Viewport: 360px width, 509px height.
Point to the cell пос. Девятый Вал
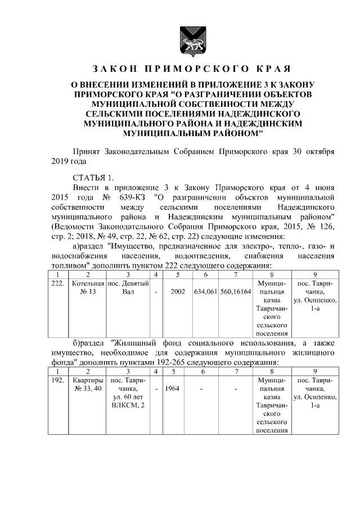tap(128, 289)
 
